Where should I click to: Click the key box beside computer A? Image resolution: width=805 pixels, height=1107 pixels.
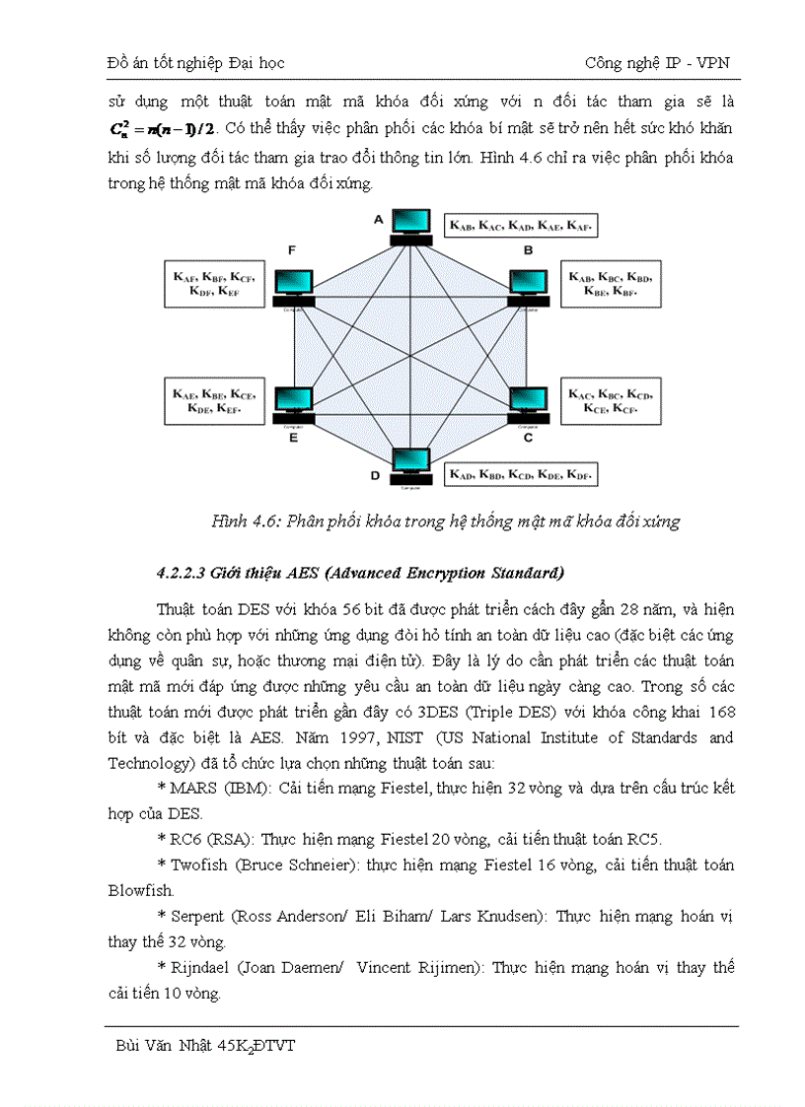[522, 226]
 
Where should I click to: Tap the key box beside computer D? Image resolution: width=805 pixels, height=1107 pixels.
[522, 474]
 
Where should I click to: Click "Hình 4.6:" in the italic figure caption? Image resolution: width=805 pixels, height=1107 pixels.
[245, 521]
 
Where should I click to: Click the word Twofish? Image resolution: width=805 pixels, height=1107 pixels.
[198, 865]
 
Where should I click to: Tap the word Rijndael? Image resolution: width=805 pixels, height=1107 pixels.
[202, 968]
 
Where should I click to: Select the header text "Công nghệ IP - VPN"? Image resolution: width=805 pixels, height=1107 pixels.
[657, 62]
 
